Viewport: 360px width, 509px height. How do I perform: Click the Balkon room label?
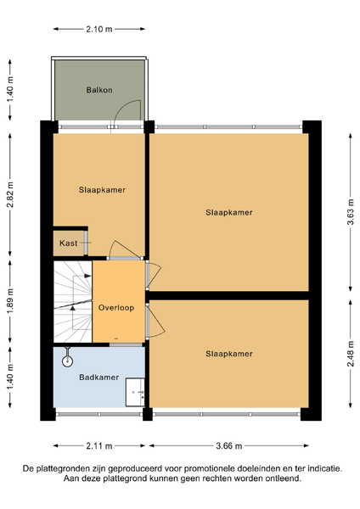coord(99,90)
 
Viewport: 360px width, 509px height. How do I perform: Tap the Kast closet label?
coord(68,243)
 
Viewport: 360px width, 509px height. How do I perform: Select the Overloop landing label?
coord(116,308)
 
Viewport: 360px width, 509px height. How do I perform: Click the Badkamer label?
coord(98,378)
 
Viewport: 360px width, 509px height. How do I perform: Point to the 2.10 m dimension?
coord(99,29)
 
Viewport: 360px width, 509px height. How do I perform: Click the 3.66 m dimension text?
coord(228,446)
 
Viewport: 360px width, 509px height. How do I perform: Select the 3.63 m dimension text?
coord(351,213)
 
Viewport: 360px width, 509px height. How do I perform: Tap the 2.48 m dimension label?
coord(351,354)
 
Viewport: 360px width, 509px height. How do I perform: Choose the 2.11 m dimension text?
coord(99,446)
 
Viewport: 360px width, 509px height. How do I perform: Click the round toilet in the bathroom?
coord(67,360)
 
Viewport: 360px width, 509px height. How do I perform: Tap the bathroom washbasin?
coord(135,392)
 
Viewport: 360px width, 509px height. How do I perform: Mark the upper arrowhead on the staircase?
coord(87,276)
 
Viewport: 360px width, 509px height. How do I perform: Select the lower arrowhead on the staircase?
coord(73,308)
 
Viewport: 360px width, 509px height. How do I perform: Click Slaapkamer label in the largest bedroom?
coord(228,213)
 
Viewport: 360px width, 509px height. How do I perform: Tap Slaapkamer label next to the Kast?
coord(102,190)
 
